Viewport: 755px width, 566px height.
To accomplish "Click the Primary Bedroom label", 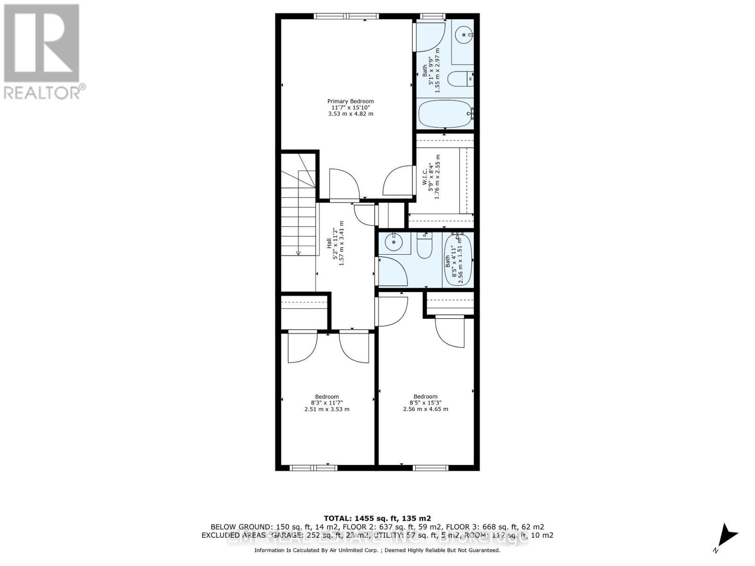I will tap(351, 101).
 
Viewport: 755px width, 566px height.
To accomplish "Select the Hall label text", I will tap(329, 243).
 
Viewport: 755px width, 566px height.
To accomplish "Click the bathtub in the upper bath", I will tap(445, 114).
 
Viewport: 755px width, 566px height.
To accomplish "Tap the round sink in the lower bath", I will tap(393, 243).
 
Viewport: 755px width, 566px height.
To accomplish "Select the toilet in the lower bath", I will tap(425, 246).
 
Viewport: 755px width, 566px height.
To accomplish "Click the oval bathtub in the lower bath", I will tap(457, 260).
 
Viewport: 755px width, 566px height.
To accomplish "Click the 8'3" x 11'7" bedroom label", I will tap(327, 403).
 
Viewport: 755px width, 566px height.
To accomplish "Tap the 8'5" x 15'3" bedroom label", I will tap(425, 403).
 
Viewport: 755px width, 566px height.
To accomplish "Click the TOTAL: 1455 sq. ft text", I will tap(377, 518).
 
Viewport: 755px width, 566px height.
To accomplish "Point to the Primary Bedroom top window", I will tap(346, 17).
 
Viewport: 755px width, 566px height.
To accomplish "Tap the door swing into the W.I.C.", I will tap(395, 182).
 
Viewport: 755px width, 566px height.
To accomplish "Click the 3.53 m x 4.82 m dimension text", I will tap(351, 114).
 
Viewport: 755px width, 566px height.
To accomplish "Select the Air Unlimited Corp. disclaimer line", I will tap(377, 550).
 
